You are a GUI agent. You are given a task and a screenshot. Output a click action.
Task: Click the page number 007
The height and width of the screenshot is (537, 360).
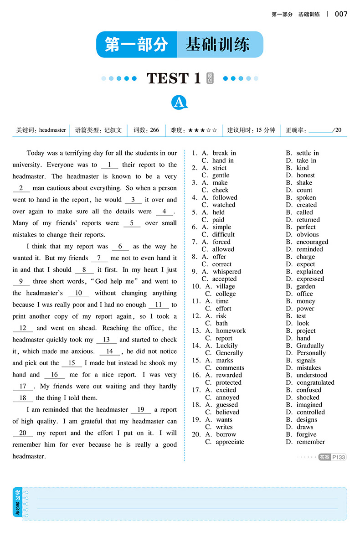tap(341, 14)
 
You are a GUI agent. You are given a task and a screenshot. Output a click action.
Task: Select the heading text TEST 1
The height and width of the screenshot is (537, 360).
tap(174, 78)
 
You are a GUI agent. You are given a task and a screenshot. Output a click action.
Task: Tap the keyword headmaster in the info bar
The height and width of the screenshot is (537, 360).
tap(52, 130)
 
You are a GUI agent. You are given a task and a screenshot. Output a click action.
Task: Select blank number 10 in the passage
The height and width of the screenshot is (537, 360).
tap(78, 293)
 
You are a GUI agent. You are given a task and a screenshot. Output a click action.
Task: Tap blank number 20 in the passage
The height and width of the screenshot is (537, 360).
tap(23, 433)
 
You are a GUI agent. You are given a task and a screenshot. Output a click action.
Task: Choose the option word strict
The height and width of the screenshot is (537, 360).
tap(219, 168)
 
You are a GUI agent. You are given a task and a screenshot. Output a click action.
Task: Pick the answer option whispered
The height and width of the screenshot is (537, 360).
tap(226, 272)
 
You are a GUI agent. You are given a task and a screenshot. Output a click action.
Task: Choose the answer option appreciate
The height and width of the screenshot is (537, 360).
tap(230, 442)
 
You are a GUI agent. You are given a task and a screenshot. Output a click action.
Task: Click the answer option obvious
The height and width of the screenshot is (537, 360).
tap(308, 234)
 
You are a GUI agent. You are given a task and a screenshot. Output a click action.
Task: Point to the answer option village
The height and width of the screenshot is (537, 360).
tap(226, 286)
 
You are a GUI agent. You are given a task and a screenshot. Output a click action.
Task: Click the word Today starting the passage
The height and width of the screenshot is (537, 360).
tap(36, 153)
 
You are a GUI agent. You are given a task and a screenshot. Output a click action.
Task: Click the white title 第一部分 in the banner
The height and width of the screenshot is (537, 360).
tap(137, 45)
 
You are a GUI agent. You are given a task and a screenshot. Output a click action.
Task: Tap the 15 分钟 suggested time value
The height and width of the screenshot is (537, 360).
tap(266, 130)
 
